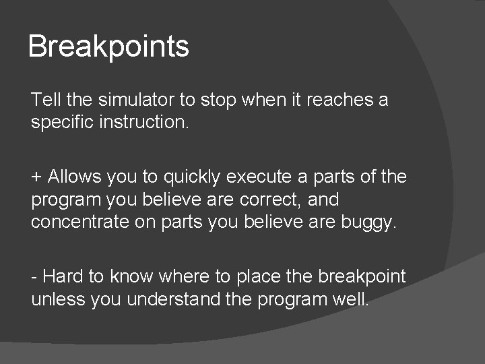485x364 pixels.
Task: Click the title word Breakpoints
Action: click(x=108, y=47)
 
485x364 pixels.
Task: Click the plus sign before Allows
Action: click(x=36, y=177)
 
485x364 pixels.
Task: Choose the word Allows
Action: click(x=74, y=177)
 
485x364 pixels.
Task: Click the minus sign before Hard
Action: click(x=34, y=276)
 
